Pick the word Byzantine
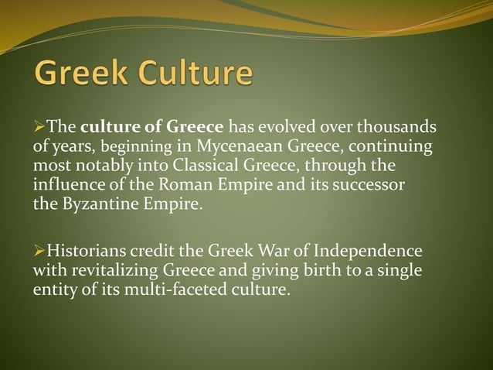(94, 205)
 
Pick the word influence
(65, 186)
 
